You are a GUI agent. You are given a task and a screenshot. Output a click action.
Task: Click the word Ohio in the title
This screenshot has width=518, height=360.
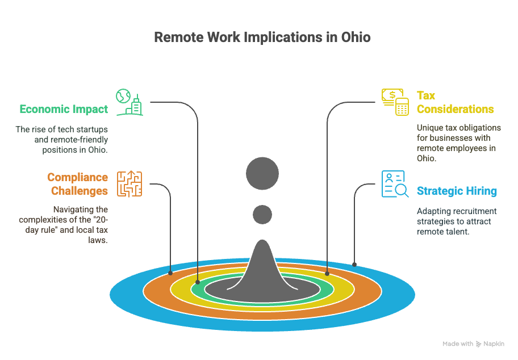356,37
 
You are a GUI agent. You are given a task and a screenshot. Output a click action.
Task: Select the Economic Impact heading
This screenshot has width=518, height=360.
64,110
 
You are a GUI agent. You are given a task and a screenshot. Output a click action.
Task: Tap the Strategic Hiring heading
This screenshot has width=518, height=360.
457,191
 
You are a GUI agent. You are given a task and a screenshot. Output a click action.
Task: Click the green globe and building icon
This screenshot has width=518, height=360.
129,102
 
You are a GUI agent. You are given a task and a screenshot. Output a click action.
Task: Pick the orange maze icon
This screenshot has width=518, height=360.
129,184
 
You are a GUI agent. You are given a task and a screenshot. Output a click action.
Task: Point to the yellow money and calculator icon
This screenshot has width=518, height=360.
395,102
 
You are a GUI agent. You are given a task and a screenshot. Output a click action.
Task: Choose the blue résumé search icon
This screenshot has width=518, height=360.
395,184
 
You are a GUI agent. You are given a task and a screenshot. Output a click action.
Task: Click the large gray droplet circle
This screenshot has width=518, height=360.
262,173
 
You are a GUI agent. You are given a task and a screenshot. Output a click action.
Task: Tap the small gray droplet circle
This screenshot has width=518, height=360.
262,215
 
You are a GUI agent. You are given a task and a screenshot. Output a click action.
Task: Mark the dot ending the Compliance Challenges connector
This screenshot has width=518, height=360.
170,273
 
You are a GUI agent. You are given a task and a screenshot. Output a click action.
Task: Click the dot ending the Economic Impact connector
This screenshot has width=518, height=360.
198,282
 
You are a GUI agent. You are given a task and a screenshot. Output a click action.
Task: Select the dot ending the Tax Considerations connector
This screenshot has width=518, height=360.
327,274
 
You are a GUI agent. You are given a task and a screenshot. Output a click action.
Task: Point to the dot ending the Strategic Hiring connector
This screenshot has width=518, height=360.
354,265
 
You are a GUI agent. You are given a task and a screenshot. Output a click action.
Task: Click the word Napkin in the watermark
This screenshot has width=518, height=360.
494,344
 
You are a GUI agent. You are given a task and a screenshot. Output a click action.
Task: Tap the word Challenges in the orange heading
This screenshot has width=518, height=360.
80,191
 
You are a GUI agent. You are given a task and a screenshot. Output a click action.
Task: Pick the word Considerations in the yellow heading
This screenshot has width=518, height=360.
455,110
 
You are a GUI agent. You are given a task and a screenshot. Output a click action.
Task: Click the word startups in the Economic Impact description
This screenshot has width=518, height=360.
92,129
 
